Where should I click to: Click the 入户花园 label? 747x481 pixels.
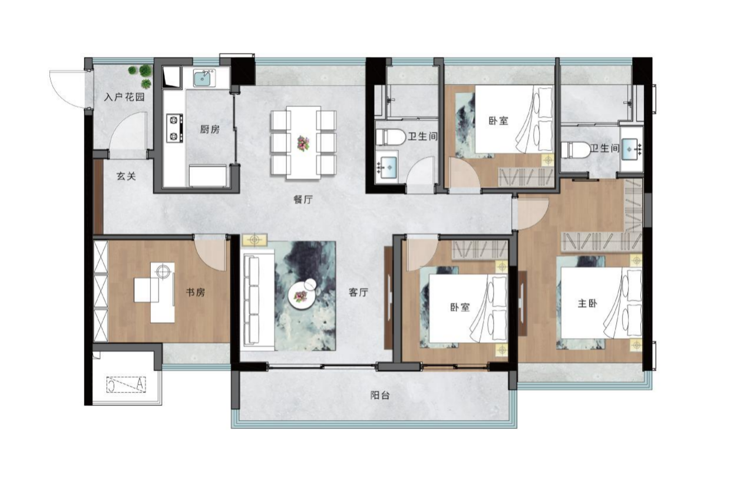[124, 97]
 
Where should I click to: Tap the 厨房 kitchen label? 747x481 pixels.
[210, 129]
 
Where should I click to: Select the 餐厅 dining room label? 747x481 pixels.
[303, 200]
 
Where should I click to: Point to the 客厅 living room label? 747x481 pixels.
[358, 293]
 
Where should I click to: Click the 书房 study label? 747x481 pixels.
[196, 293]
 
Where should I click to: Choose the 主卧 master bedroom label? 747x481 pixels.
[587, 303]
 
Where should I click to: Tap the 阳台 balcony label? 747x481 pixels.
[380, 396]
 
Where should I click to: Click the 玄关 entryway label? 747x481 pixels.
[126, 177]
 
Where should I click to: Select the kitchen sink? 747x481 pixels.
[204, 79]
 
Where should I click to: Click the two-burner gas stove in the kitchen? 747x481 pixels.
[174, 128]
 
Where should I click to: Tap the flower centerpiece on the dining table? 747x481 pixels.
[303, 143]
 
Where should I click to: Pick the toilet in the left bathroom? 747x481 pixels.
[390, 137]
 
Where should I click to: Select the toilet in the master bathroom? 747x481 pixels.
[575, 150]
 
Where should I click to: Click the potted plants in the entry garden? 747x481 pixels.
[141, 75]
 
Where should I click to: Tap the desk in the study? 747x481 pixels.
[155, 293]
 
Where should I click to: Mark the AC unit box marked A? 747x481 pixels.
[127, 384]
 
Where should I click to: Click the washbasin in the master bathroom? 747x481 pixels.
[631, 149]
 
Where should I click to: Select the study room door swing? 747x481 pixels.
[210, 253]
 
